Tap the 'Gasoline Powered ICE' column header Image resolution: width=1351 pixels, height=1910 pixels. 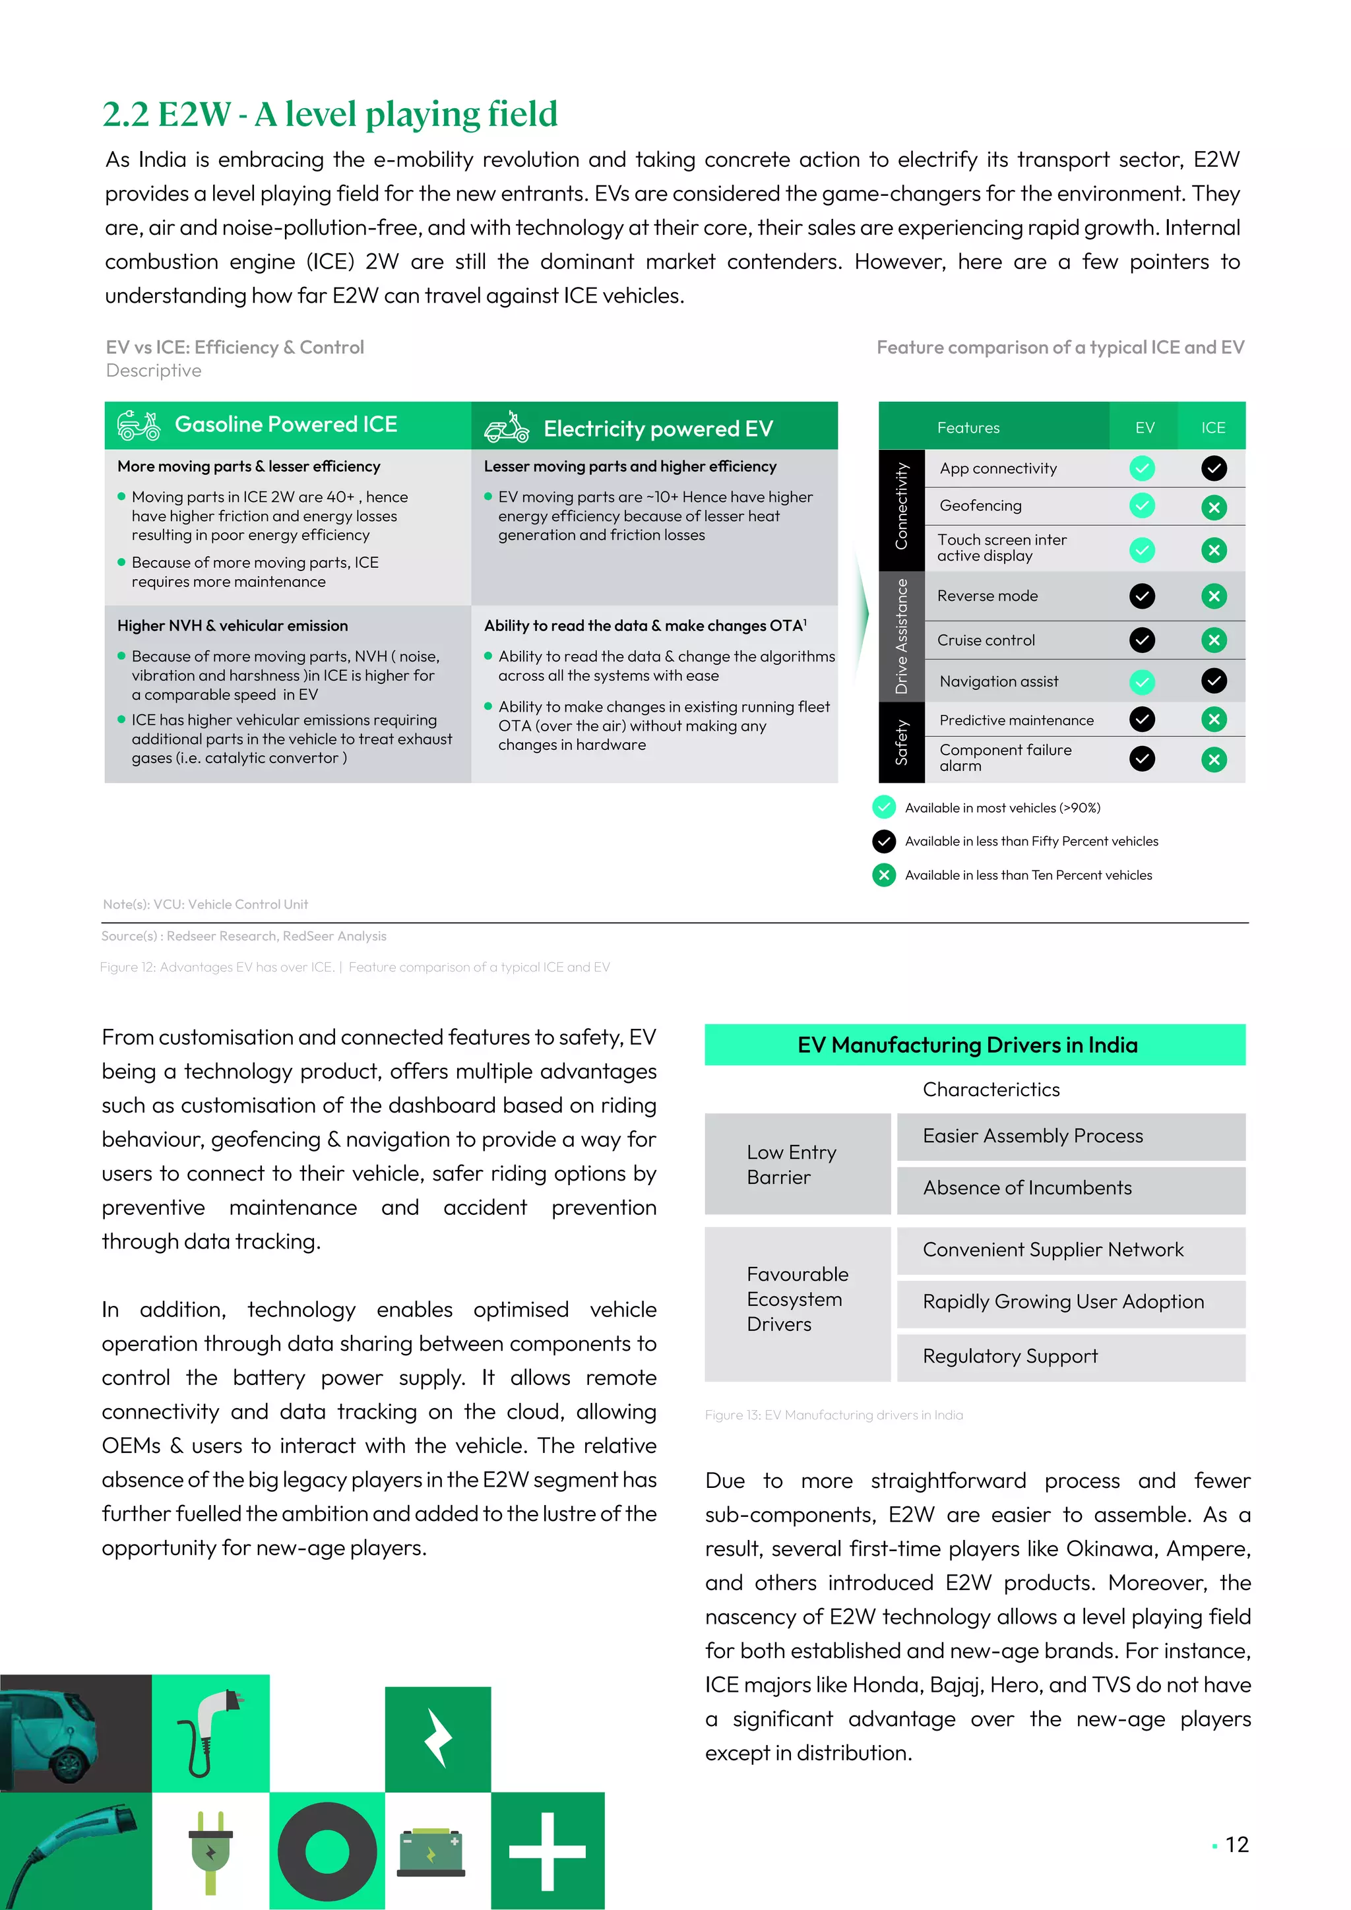[x=286, y=425]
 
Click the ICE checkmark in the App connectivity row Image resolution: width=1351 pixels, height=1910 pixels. [x=1214, y=468]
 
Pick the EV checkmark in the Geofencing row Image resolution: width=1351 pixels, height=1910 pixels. [x=1142, y=505]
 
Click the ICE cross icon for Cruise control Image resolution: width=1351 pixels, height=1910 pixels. [x=1214, y=640]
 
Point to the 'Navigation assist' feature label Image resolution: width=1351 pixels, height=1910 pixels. [x=998, y=681]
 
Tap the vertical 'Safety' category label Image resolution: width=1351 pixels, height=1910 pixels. [x=901, y=743]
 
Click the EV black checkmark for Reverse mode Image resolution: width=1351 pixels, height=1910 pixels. [x=1142, y=596]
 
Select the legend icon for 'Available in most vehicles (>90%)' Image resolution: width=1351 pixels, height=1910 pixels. [x=883, y=807]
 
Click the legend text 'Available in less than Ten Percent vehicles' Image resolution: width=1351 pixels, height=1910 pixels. [x=1028, y=875]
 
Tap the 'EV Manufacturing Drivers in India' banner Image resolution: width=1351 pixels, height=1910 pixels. [x=974, y=1045]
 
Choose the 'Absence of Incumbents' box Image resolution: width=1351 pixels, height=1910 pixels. [x=1070, y=1188]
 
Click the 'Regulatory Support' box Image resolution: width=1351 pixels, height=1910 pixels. [x=1070, y=1357]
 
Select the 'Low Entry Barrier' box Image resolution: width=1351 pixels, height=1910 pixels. [x=797, y=1164]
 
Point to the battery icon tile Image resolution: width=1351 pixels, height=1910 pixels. [x=431, y=1852]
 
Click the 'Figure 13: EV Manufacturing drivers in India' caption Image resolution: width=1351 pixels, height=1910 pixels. [x=834, y=1415]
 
